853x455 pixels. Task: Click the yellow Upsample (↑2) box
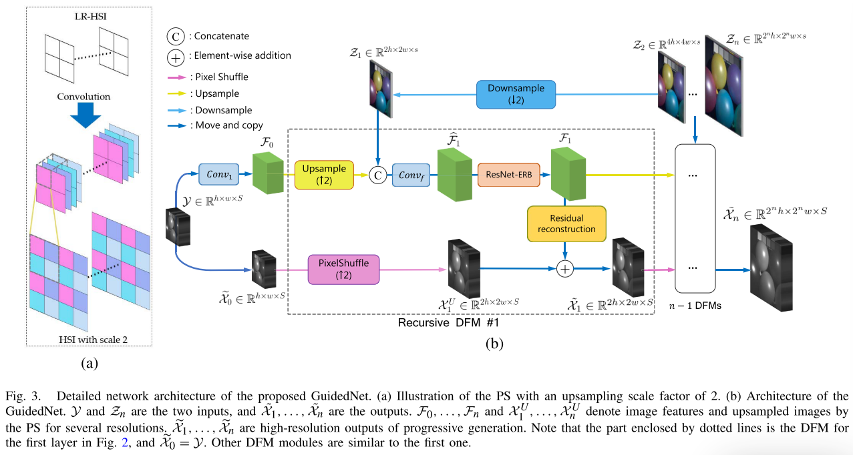pyautogui.click(x=324, y=175)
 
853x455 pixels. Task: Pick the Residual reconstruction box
pyautogui.click(x=566, y=223)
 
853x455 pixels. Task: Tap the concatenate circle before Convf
pyautogui.click(x=377, y=175)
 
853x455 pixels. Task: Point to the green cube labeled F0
pyautogui.click(x=267, y=173)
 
